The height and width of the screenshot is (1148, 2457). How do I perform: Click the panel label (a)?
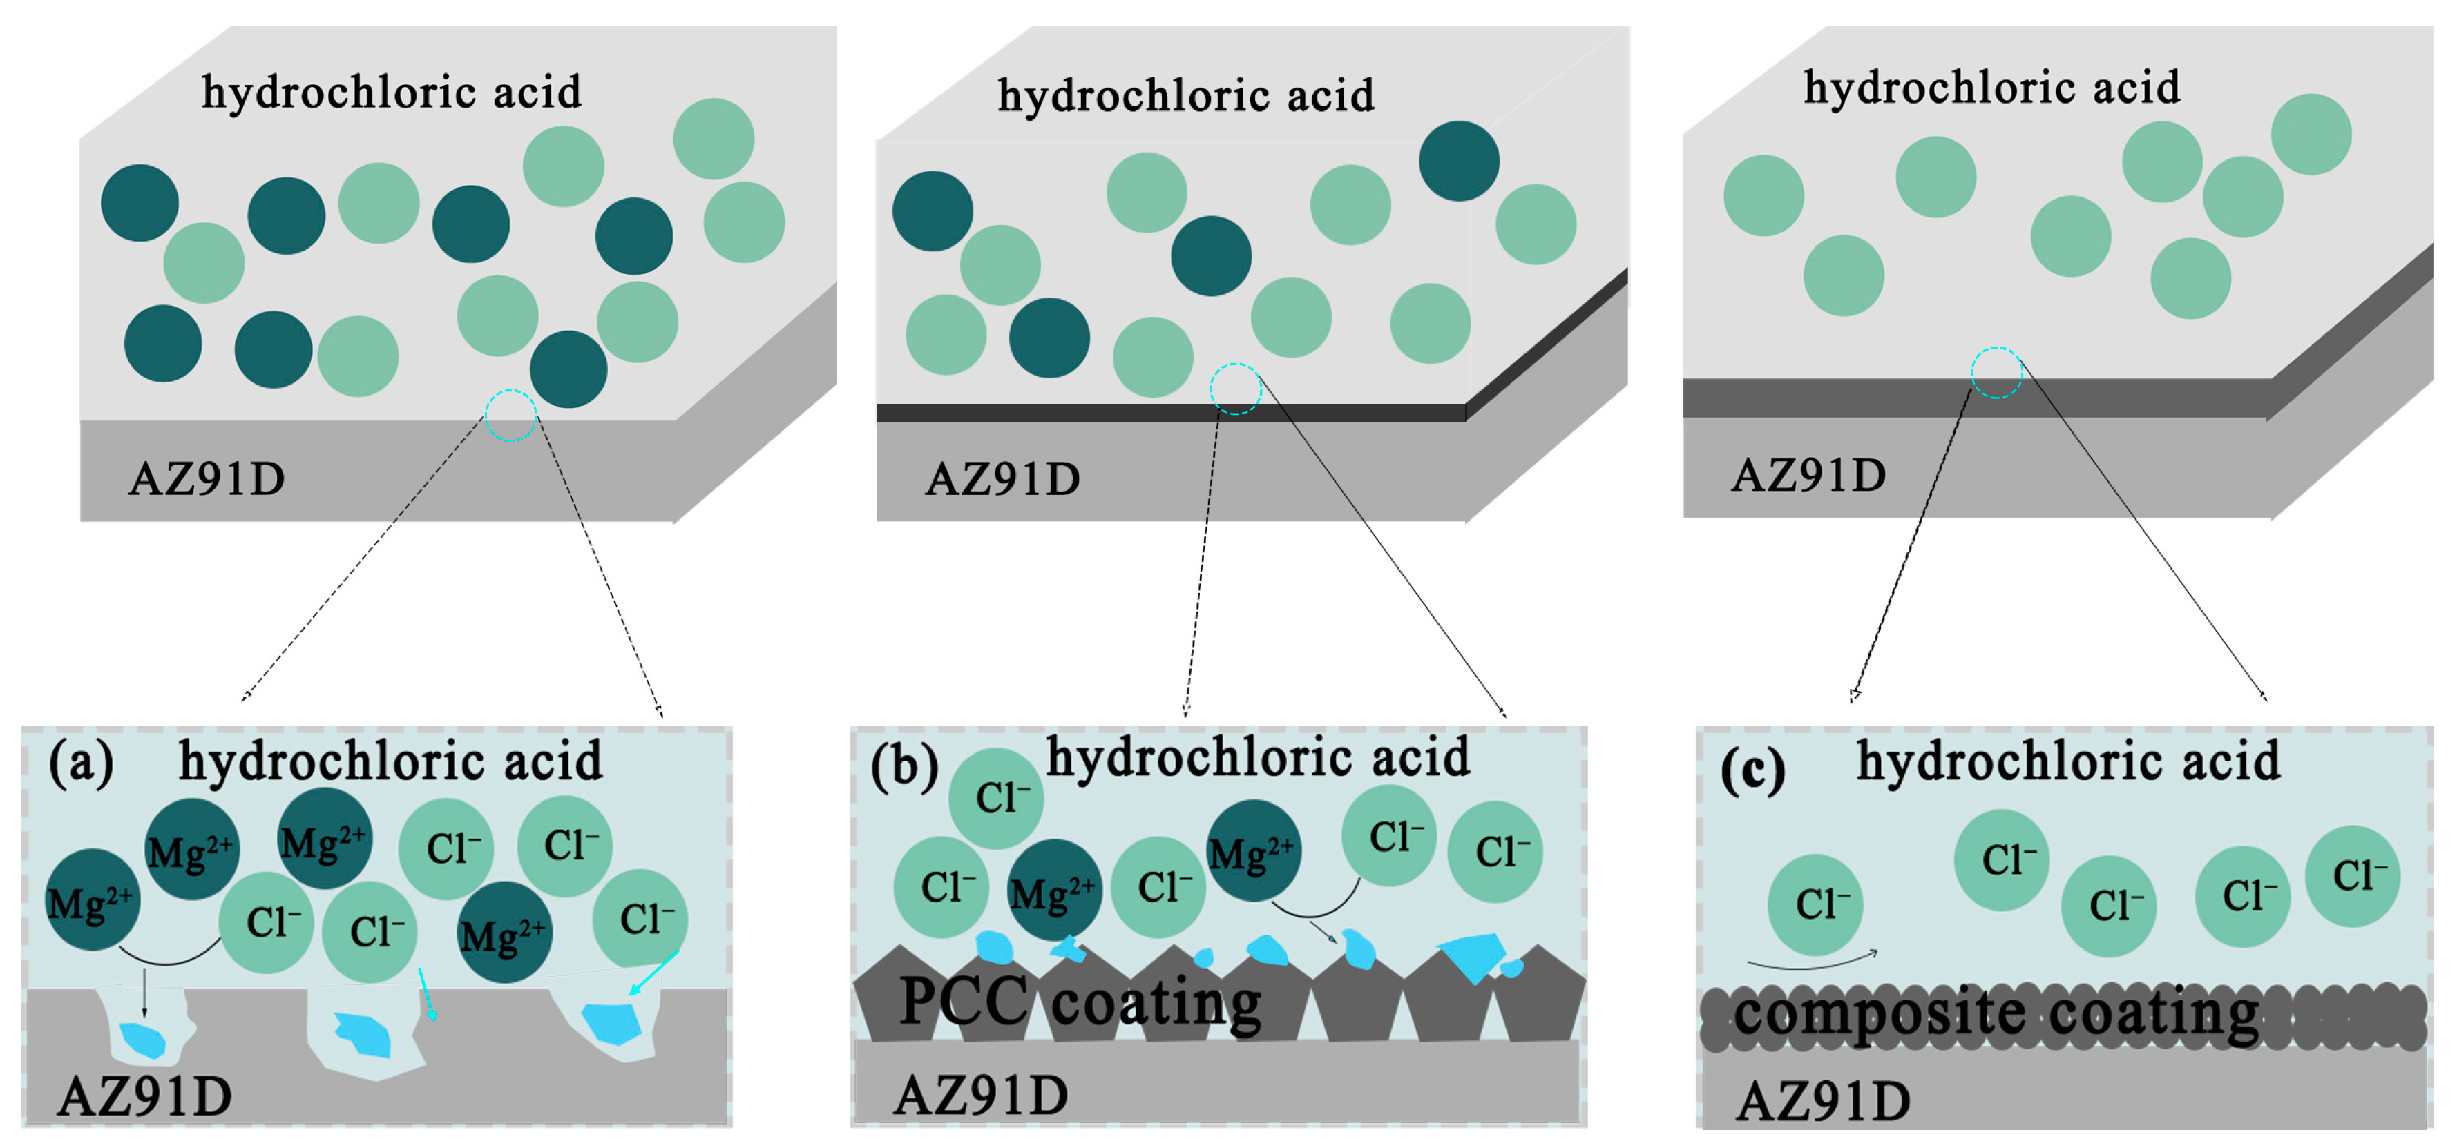pos(81,763)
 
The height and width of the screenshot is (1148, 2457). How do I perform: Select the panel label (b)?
pos(904,767)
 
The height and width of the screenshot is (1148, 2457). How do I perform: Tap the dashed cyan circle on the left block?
pos(511,415)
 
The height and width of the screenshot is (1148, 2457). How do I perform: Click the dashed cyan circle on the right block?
pos(1996,372)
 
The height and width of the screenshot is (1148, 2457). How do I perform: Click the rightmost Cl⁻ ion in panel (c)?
pos(2353,875)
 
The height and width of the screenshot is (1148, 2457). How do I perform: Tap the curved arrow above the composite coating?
pos(1813,963)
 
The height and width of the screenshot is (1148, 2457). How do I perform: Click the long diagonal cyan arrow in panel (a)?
pos(654,973)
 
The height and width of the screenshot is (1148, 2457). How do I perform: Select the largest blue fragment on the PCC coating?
pos(1473,956)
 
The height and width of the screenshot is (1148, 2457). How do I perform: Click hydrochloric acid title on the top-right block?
pos(1991,88)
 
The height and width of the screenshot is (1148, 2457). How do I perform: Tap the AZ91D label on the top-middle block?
pos(1002,478)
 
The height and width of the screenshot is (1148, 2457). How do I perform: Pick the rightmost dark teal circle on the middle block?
pos(1458,160)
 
